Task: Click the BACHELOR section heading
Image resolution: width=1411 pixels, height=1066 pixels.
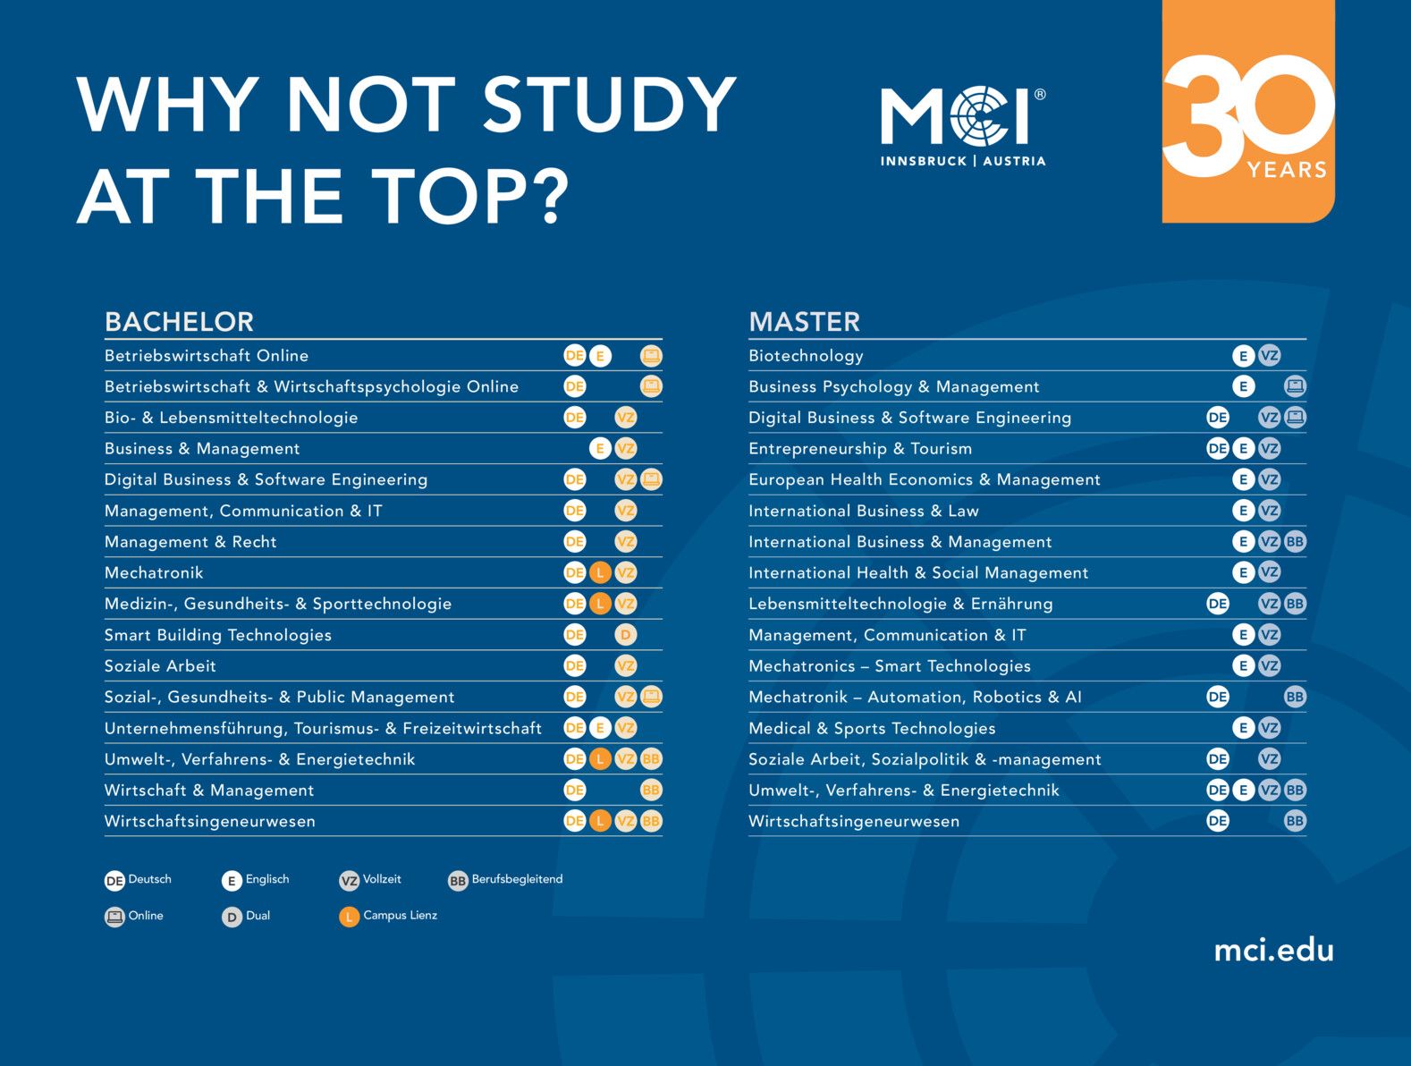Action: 179,322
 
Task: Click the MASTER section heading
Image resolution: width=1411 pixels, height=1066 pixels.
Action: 804,322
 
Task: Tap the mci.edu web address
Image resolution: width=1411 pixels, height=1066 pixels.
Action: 1272,950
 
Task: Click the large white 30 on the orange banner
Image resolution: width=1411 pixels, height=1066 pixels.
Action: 1247,112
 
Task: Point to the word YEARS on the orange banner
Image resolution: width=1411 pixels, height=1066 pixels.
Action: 1286,170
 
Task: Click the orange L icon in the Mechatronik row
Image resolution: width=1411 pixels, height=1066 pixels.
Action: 600,572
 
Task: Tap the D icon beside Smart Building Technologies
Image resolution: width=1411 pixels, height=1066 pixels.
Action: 626,635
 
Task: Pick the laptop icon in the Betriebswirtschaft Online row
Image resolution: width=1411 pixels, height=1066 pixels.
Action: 651,356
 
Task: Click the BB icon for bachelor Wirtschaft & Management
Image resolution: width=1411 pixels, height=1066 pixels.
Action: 651,790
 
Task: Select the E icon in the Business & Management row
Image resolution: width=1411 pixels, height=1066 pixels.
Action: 600,449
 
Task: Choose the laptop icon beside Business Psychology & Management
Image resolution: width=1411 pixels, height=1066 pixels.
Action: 1295,386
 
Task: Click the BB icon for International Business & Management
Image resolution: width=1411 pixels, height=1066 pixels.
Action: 1295,541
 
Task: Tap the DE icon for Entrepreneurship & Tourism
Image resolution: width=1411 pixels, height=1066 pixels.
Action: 1218,449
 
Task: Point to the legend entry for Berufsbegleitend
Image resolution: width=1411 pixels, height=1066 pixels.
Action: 505,880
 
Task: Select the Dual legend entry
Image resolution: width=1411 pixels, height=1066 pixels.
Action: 246,916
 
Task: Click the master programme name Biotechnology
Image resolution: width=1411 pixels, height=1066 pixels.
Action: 806,356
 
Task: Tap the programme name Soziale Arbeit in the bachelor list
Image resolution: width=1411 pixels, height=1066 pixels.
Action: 160,666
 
